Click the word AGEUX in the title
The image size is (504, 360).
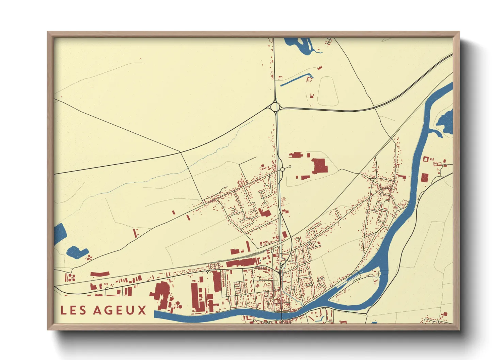(x=120, y=310)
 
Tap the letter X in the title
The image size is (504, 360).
(x=142, y=310)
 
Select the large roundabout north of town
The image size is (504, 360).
(x=275, y=108)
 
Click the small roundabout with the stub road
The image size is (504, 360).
(x=282, y=169)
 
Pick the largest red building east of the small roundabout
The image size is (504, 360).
(x=320, y=166)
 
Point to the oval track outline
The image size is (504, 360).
(x=327, y=91)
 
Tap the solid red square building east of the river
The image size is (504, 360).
(x=424, y=178)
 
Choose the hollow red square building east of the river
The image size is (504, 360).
(x=425, y=159)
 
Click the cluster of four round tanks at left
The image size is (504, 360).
(x=71, y=277)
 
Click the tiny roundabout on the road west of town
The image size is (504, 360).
(x=207, y=272)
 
